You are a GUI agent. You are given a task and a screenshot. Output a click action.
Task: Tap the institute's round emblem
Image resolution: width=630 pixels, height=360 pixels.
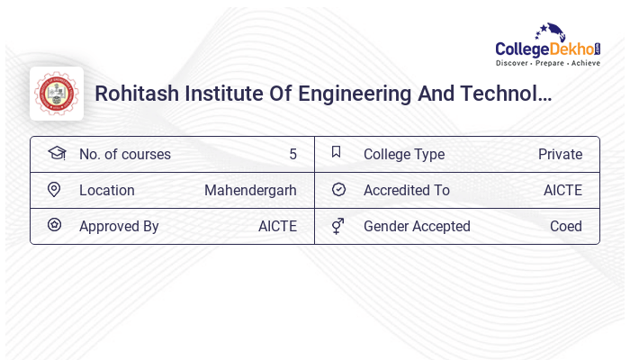click(x=57, y=94)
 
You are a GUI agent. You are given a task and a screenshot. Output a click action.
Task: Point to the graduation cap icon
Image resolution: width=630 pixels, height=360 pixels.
click(x=57, y=153)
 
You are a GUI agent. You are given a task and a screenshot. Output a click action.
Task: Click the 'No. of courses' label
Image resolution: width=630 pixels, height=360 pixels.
click(x=125, y=155)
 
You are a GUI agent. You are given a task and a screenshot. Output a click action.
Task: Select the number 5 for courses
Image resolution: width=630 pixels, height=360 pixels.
click(x=292, y=155)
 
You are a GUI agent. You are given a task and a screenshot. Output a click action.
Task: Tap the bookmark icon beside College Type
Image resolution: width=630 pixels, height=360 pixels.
click(x=337, y=152)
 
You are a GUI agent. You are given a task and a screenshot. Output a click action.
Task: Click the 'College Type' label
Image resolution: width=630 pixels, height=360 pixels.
click(x=404, y=155)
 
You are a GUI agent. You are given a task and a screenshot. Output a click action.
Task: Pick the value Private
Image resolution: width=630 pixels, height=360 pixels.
click(x=560, y=155)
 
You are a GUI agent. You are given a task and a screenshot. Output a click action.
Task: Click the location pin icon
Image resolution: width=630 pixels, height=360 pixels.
click(x=54, y=190)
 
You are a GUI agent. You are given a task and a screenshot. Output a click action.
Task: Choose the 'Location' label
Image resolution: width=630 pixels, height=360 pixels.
click(x=107, y=191)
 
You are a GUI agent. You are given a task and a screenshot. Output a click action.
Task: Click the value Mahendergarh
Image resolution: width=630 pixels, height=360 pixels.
click(x=250, y=191)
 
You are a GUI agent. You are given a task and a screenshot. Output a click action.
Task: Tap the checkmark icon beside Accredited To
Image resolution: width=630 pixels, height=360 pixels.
click(x=338, y=190)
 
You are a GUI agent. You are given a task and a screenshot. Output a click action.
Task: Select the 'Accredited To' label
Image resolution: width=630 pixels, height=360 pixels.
click(x=407, y=191)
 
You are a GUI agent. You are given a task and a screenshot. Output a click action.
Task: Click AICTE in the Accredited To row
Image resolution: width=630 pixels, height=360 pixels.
click(x=562, y=191)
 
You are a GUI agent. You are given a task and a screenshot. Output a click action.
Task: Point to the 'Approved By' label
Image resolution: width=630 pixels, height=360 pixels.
click(x=119, y=227)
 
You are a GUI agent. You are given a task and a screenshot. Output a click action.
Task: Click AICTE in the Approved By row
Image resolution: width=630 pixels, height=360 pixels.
click(x=277, y=227)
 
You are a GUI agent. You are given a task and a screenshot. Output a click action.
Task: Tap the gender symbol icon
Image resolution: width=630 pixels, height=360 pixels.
click(x=337, y=226)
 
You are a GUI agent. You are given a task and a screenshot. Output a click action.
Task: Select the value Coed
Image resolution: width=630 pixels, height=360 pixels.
click(x=566, y=227)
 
